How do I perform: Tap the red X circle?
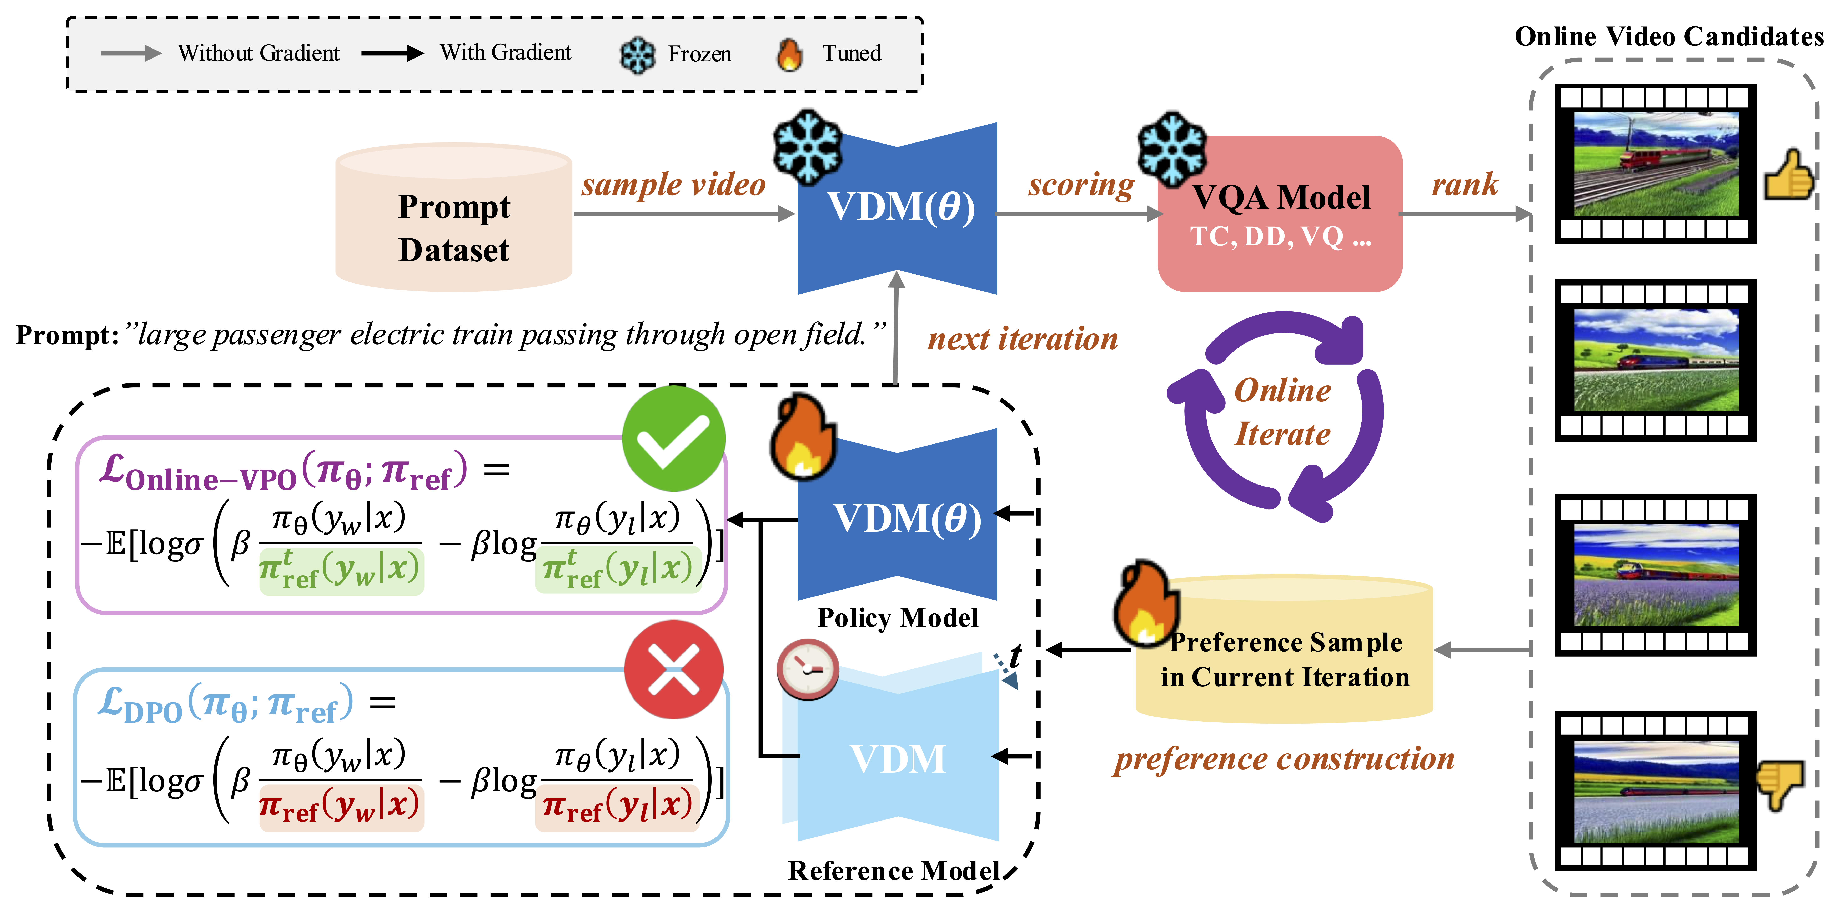click(x=673, y=669)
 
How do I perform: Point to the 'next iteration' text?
click(x=1023, y=339)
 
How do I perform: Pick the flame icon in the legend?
click(x=789, y=54)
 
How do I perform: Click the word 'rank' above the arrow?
click(x=1464, y=185)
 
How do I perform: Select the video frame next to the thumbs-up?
click(x=1655, y=164)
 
